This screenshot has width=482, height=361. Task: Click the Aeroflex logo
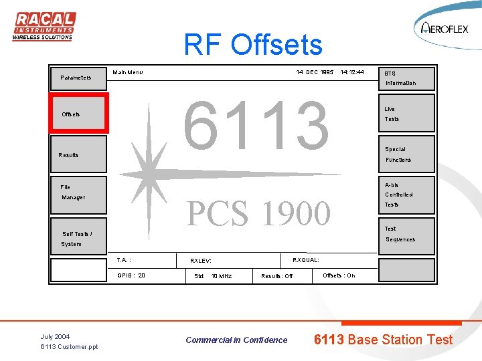(446, 28)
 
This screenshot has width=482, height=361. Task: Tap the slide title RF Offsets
(253, 45)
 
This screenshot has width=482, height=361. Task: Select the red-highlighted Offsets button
(78, 114)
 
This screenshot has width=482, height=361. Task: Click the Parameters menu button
(78, 78)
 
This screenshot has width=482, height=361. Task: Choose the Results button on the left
(78, 154)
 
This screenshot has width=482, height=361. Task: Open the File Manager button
(78, 193)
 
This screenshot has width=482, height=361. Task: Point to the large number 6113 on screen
(256, 125)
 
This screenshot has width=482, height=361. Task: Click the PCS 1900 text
(258, 214)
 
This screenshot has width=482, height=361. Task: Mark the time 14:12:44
(352, 72)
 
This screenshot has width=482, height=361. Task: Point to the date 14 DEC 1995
(315, 72)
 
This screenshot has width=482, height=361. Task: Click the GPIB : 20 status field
(131, 275)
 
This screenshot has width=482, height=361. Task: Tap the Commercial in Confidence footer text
(236, 340)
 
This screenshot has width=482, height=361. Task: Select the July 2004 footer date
(55, 336)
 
